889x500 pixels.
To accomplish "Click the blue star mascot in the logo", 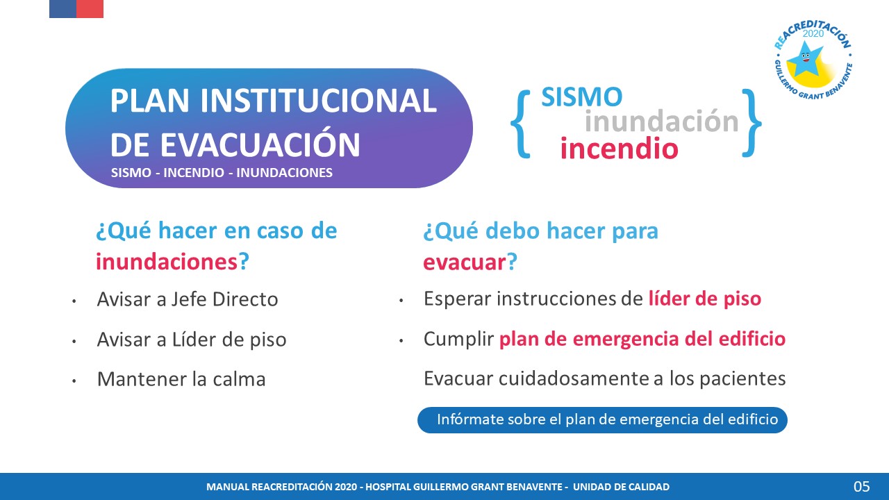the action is tap(804, 60).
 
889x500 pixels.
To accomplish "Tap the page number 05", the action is tap(862, 487).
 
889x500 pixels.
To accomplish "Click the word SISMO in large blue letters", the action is tap(582, 97).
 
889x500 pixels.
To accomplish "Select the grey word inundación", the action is tap(662, 121).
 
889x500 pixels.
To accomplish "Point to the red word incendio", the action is tap(619, 148).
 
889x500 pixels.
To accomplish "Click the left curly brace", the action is tap(521, 124).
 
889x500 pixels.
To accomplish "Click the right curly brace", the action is tap(751, 123).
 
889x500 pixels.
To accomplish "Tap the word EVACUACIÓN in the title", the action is tap(260, 145).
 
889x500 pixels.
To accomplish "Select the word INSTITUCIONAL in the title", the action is tap(318, 101).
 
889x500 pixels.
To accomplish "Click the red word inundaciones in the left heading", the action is tap(167, 262).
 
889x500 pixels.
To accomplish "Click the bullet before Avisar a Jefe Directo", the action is tap(74, 301).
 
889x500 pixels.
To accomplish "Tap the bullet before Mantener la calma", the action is tap(74, 381).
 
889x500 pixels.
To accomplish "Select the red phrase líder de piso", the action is tap(705, 299).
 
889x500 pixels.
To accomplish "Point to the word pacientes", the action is tap(742, 379).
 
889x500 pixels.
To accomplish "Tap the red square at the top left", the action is tap(90, 9).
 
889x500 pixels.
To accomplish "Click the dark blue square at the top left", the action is tap(63, 9).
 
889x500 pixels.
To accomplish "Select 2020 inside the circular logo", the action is tap(813, 34).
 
